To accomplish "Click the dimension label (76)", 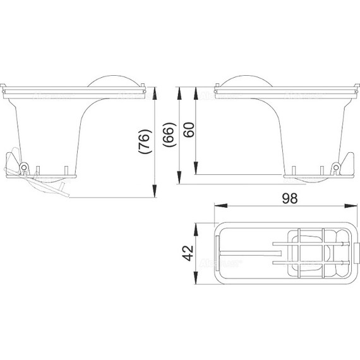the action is pos(145,141).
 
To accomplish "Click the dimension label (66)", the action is pos(169,135).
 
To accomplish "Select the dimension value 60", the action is pos(189,130).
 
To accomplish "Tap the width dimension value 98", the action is pos(290,198).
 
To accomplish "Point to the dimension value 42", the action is pos(188,253).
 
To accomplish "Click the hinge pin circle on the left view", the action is pos(23,167).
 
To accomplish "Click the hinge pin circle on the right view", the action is pos(336,167).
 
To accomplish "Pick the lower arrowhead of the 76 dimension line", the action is pos(155,191).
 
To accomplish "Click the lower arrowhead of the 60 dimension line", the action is pos(196,168).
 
